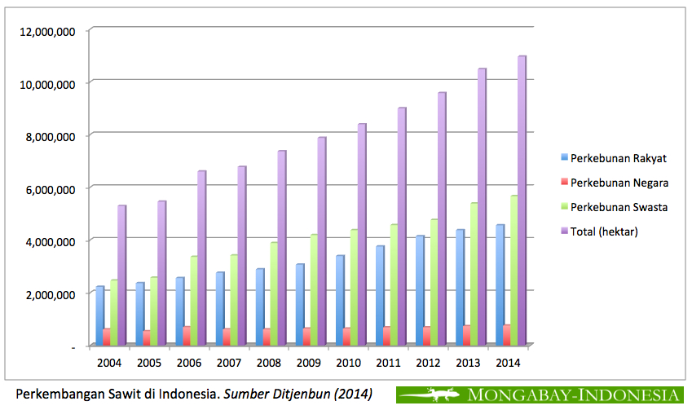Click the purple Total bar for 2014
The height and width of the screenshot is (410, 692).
point(521,200)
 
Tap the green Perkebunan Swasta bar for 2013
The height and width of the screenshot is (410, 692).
point(474,273)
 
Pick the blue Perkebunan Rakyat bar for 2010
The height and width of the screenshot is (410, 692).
point(339,299)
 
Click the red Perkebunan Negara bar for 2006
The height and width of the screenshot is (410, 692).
point(187,335)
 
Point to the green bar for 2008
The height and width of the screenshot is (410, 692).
point(274,293)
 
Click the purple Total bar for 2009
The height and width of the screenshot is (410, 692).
point(321,240)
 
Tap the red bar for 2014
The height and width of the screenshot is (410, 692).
point(506,334)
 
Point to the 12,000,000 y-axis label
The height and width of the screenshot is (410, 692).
point(51,31)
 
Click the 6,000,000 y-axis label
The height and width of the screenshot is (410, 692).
point(51,188)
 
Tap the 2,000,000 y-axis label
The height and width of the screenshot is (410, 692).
point(51,293)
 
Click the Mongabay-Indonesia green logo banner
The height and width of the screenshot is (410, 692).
point(540,395)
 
